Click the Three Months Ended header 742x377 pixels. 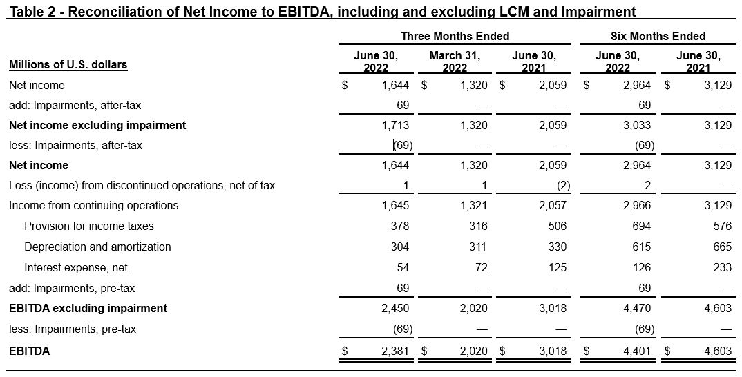point(455,36)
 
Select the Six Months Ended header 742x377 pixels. point(658,36)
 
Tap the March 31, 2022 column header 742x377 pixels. point(455,61)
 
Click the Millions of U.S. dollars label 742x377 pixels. point(68,64)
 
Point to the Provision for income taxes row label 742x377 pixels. point(89,226)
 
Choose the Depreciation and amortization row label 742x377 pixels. point(97,247)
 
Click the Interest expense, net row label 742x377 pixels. point(76,268)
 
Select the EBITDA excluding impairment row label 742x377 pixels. point(88,309)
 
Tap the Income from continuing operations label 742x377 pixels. point(94,205)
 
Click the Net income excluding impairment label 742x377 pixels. point(97,126)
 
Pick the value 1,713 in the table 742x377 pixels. point(396,126)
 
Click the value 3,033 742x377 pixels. point(638,126)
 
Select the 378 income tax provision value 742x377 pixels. point(400,226)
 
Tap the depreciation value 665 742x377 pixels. point(723,247)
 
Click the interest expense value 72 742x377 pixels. point(481,268)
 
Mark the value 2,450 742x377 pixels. point(396,309)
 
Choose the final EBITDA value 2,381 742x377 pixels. point(396,351)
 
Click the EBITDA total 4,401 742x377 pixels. point(638,351)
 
